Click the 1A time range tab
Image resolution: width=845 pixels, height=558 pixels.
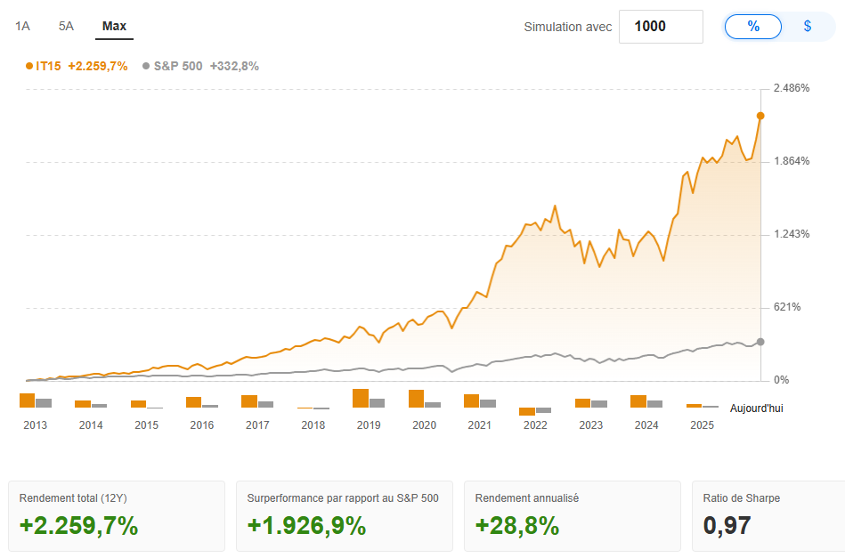pos(23,26)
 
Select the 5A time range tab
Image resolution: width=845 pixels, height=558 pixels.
pos(66,26)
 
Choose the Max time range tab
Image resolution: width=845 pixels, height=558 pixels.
pos(114,26)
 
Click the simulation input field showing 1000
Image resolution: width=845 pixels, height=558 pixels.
pos(660,27)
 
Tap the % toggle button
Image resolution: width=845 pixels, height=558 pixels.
pos(753,27)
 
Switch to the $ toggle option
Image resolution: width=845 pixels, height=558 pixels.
pos(808,27)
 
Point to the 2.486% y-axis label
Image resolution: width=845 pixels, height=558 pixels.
pos(792,88)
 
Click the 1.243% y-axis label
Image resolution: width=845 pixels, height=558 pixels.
pos(792,234)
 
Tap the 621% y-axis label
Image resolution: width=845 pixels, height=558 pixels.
pos(787,307)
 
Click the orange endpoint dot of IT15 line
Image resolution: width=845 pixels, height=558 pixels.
pos(760,116)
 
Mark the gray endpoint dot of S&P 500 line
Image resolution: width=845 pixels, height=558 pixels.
pos(760,342)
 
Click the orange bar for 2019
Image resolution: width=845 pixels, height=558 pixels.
pos(361,398)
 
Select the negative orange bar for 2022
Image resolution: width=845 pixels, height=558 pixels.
pos(527,411)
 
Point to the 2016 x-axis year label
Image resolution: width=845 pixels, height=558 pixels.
pos(202,425)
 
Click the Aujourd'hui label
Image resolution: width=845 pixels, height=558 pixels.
pos(757,408)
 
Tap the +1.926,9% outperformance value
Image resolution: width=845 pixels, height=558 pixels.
pos(306,526)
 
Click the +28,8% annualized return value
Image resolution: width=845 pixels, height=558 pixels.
pos(517,526)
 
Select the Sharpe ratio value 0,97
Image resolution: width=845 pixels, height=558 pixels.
pos(727,526)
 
